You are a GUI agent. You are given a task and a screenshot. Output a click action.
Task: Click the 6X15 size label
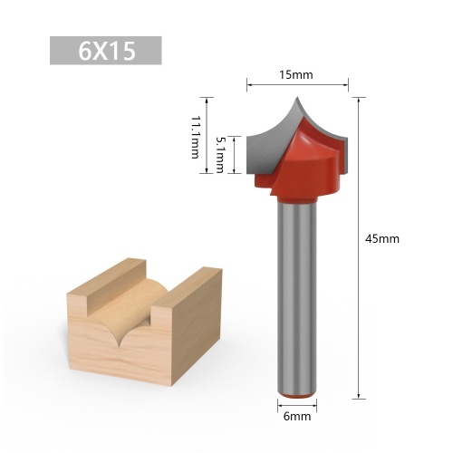[x=106, y=51]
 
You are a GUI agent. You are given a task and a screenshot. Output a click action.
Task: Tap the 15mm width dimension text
[x=297, y=75]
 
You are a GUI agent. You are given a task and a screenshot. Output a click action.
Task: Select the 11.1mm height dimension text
[x=195, y=135]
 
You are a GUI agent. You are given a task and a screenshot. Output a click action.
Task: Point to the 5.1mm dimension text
[x=220, y=154]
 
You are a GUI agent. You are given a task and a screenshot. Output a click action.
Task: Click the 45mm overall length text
[x=381, y=238]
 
